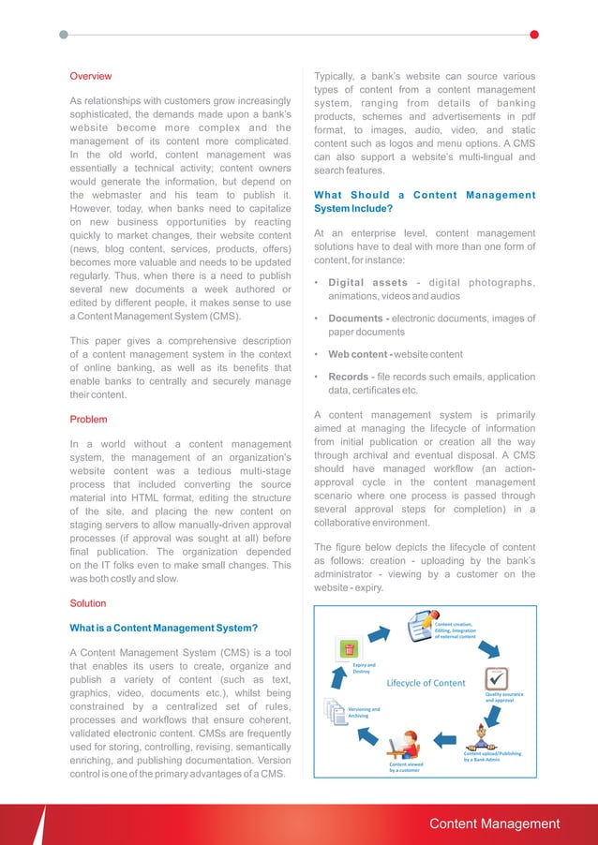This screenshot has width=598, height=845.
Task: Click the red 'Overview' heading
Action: coord(91,76)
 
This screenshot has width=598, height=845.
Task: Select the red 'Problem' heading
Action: coord(89,419)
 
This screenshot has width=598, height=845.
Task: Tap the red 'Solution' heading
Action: coord(88,603)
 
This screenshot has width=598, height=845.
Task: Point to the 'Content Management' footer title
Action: coord(494,824)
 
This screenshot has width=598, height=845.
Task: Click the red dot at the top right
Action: coord(534,35)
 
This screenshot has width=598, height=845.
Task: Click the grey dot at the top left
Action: coord(63,35)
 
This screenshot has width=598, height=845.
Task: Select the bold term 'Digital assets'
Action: coord(367,283)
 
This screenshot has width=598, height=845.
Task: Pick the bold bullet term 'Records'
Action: coord(347,378)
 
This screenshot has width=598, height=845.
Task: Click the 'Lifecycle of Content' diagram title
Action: coord(426,682)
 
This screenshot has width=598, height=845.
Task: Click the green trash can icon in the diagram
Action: coord(349,648)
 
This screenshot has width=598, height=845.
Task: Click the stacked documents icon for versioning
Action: coord(335,713)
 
